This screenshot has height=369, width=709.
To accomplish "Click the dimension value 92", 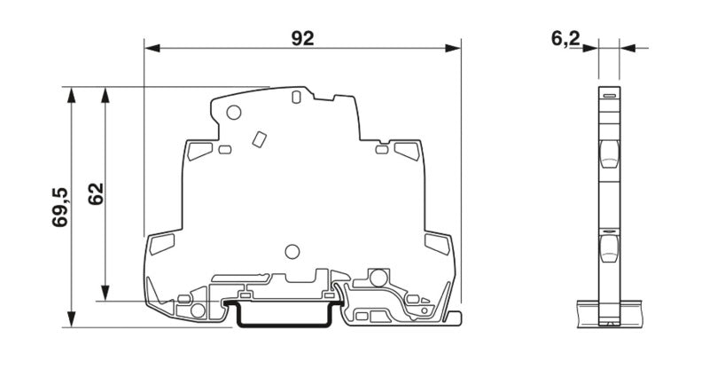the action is click(x=302, y=38).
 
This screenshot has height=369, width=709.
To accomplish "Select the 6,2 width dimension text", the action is click(x=565, y=38).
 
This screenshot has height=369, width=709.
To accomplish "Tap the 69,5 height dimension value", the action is click(x=60, y=207).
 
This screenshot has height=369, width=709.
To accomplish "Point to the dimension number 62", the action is click(x=96, y=193).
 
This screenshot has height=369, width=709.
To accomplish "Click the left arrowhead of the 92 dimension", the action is click(x=152, y=48).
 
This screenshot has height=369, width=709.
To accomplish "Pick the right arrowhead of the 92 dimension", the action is click(x=453, y=48).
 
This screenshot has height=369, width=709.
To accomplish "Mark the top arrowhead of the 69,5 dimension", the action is click(x=72, y=95).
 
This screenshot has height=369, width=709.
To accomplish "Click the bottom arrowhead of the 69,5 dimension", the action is click(x=72, y=318).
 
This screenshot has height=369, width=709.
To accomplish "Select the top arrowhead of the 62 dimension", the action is click(x=105, y=95).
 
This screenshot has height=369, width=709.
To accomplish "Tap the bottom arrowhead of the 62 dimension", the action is click(x=105, y=293).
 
